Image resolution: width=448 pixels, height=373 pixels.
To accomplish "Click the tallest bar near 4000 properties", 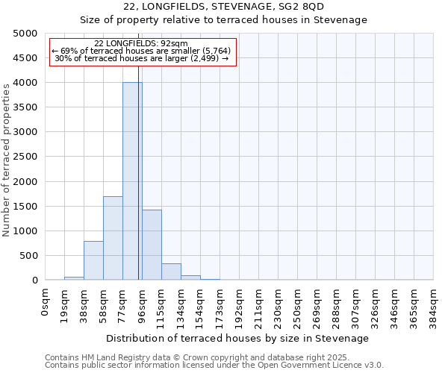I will (x=132, y=181).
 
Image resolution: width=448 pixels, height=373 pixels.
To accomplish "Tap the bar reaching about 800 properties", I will (x=93, y=260).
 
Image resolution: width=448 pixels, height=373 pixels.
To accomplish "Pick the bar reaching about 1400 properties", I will (x=152, y=245).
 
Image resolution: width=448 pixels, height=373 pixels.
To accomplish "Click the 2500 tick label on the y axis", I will (x=25, y=157).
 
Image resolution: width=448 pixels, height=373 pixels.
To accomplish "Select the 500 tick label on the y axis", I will (x=28, y=256).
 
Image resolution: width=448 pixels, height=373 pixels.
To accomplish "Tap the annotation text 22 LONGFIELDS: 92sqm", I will (x=141, y=44).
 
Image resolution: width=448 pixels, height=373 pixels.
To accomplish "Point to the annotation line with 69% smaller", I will (x=141, y=51).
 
